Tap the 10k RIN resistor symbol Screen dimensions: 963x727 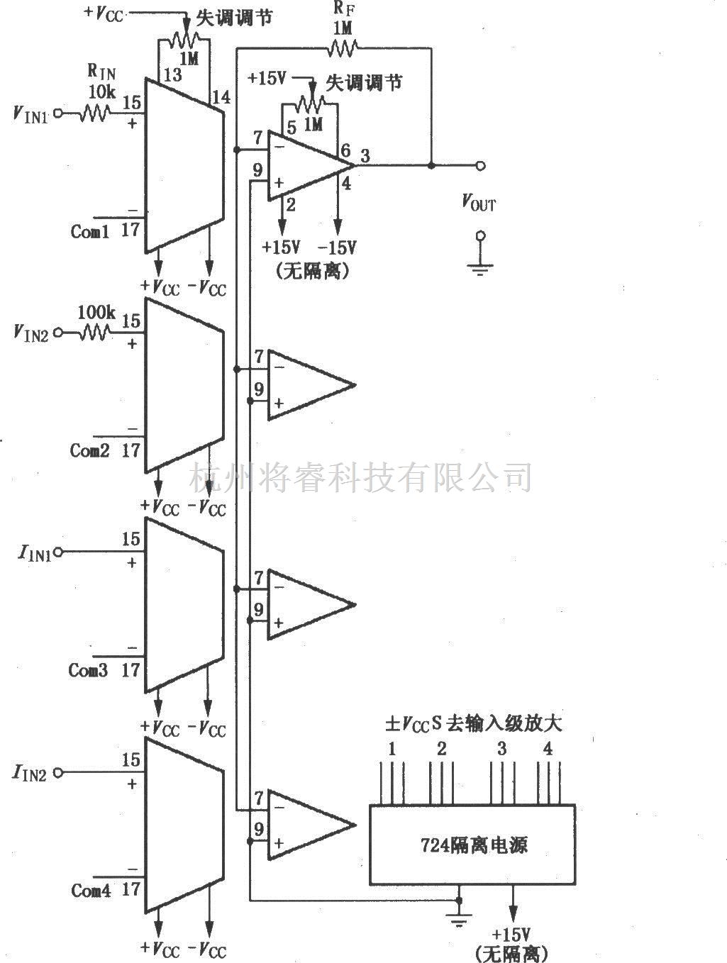(94, 112)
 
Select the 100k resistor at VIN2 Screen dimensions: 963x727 (94, 332)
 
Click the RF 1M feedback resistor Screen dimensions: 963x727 (342, 48)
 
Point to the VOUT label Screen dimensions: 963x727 (479, 204)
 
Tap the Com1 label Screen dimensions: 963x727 (90, 231)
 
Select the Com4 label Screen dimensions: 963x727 (91, 891)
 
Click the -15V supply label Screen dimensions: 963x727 (337, 247)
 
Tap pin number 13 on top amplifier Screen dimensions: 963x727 (172, 75)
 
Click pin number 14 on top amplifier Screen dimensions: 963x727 (221, 97)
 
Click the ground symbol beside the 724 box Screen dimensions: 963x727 (459, 920)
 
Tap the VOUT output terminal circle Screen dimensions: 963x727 (480, 166)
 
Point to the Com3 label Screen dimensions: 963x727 (88, 670)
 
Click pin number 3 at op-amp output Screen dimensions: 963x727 (364, 156)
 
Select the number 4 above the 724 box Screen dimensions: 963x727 (548, 749)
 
